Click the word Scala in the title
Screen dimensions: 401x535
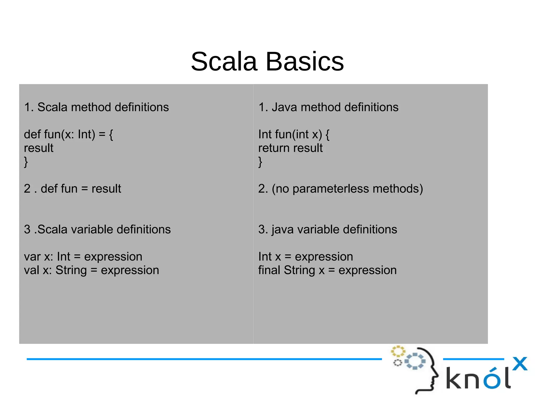pos(224,62)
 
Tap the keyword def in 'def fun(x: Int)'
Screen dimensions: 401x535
pos(32,135)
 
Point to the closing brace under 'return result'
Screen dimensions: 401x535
pos(260,162)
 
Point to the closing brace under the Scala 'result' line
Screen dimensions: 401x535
pos(26,162)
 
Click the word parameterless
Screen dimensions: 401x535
pos(331,189)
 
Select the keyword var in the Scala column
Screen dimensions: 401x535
pos(32,257)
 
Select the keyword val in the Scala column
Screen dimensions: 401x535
pos(31,270)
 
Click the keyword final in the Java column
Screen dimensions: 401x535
pos(269,270)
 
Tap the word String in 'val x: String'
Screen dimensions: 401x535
pos(71,270)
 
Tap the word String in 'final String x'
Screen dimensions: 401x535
pos(299,270)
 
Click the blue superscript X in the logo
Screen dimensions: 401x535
pos(520,364)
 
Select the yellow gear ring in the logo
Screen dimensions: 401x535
pos(398,351)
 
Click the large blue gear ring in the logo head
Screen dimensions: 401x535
pos(415,361)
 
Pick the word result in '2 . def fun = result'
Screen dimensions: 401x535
pos(106,189)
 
